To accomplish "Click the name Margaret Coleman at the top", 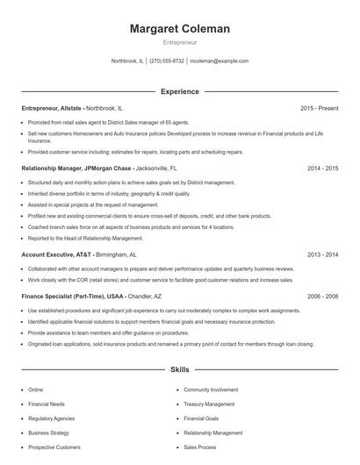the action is point(179,29).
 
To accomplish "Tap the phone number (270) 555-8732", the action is point(167,61).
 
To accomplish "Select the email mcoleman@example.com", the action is point(219,61).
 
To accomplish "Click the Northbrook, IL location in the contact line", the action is point(127,61).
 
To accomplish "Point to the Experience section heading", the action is point(179,91).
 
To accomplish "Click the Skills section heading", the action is point(179,370).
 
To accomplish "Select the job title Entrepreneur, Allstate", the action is point(52,108).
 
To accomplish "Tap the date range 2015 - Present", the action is point(319,108).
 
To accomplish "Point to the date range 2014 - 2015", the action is point(323,168).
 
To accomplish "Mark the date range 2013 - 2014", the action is point(323,254).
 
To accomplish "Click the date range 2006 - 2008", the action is point(323,297).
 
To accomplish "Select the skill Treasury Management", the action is point(209,404).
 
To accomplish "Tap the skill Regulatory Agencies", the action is point(51,418).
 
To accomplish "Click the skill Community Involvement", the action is point(212,389).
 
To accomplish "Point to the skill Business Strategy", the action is point(49,433).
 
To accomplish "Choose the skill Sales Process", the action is point(200,447).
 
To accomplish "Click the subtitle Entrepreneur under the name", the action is point(179,42).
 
